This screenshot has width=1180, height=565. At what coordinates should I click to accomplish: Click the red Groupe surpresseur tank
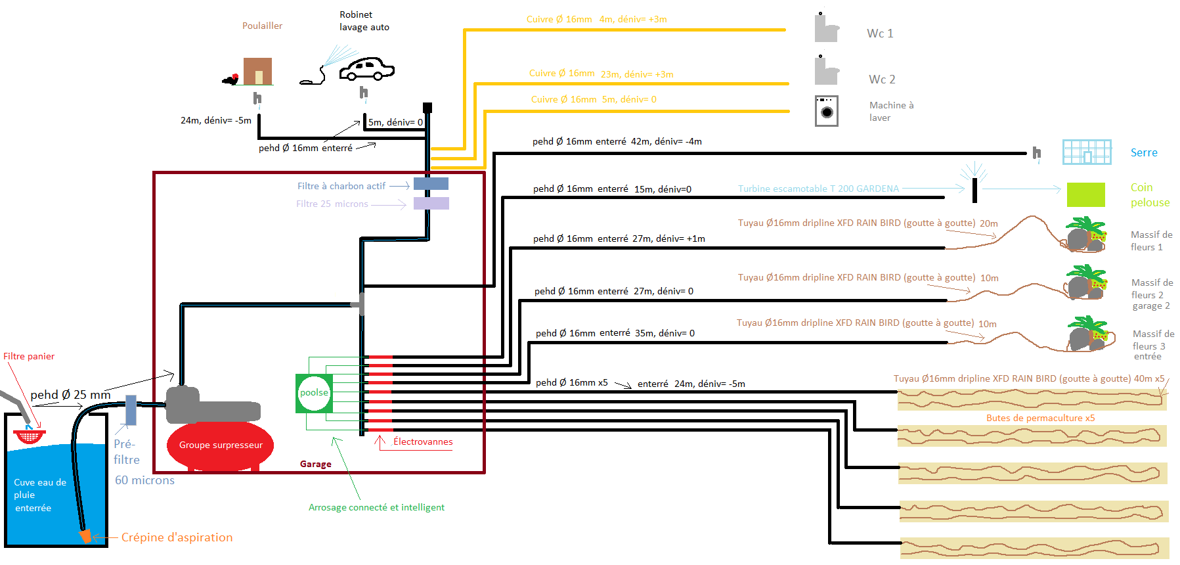tap(221, 446)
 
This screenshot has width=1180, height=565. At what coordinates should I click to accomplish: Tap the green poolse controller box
tap(314, 393)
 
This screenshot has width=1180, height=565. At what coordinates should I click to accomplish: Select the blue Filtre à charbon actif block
tap(431, 184)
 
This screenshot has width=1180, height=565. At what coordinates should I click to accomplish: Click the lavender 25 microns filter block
tap(431, 204)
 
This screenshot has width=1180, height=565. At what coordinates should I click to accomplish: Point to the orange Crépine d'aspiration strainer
tap(85, 536)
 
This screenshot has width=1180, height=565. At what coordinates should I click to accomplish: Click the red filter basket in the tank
tap(30, 436)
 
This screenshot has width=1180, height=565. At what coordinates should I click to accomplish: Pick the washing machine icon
tap(827, 111)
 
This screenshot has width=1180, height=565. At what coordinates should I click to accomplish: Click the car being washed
tap(366, 68)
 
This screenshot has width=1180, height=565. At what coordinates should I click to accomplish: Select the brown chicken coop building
tap(257, 71)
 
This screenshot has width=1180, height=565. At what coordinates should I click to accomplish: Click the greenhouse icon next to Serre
tap(1087, 152)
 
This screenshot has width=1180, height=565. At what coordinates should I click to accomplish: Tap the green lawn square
tap(1085, 194)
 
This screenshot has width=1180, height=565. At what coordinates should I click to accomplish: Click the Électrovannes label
tap(423, 441)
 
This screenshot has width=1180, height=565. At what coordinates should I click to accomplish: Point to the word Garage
tap(316, 464)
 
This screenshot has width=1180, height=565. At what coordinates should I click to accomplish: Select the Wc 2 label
tap(882, 79)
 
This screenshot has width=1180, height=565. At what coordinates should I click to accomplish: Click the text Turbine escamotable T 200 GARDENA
tap(818, 189)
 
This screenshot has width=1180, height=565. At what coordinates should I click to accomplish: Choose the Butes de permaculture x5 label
tap(1040, 418)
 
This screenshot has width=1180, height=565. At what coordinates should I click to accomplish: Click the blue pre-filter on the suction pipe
tap(131, 409)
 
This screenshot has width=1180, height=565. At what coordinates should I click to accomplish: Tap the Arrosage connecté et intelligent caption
tap(376, 507)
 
